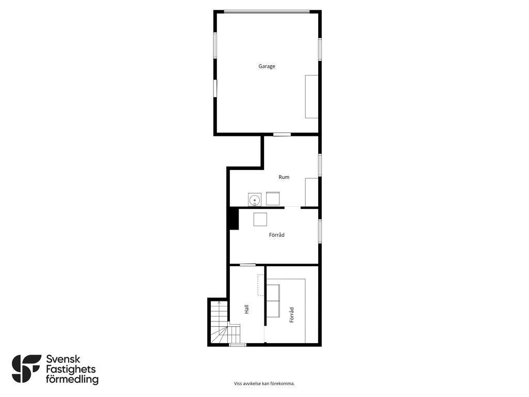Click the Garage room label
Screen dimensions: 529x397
[x=267, y=66]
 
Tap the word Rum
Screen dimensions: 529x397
[x=284, y=177]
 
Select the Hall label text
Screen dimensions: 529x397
[x=246, y=309]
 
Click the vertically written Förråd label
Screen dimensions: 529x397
[x=292, y=315]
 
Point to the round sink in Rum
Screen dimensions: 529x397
[x=254, y=200]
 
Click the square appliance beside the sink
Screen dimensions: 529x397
[x=273, y=198]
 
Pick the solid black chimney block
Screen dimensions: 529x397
[x=234, y=219]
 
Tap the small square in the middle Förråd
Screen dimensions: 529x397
[x=260, y=219]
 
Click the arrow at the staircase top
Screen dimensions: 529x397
[x=219, y=302]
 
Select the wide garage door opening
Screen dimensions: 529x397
[x=267, y=12]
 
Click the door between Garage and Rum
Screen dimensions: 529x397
[x=282, y=134]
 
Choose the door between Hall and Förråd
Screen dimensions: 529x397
[x=247, y=265]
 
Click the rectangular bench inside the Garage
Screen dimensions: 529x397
[x=312, y=97]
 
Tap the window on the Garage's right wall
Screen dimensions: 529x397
[x=320, y=49]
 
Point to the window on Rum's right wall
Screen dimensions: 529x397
[x=320, y=165]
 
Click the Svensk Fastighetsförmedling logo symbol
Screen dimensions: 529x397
[x=26, y=369]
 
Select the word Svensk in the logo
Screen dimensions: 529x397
[x=63, y=359]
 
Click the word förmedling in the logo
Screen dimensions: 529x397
[x=72, y=379]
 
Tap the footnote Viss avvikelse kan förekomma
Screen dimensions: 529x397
[x=264, y=384]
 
